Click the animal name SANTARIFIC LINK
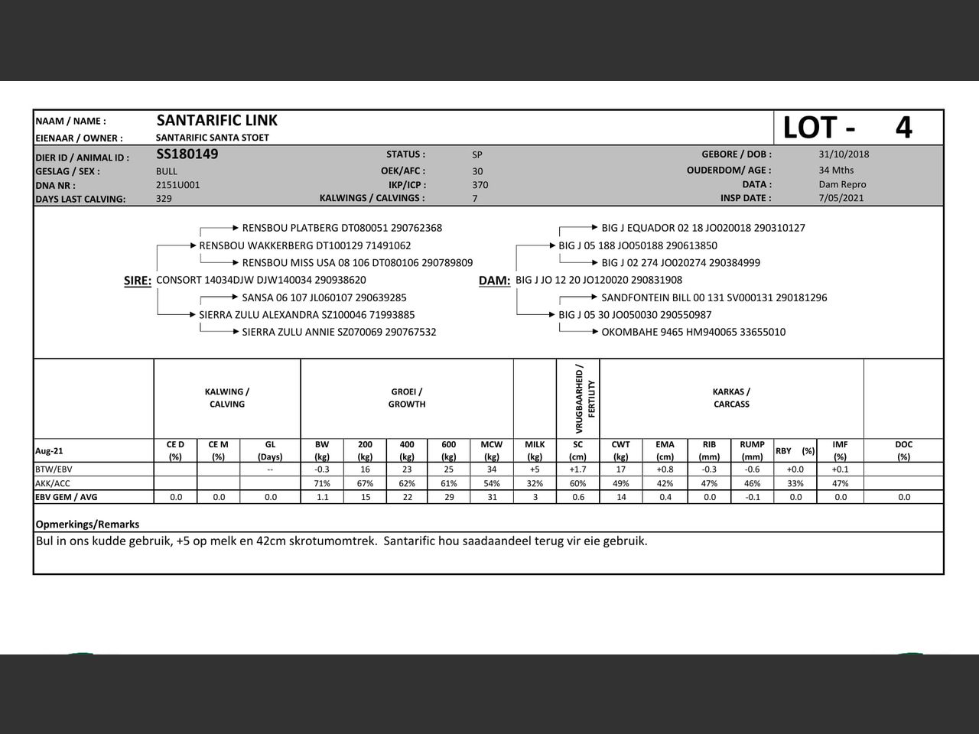[x=216, y=120]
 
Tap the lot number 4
[x=903, y=128]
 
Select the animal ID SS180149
[x=187, y=154]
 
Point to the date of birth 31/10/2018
[x=844, y=154]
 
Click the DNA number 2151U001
[x=177, y=185]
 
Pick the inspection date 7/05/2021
[x=841, y=198]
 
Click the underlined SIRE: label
[x=138, y=281]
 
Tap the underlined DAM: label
[x=494, y=281]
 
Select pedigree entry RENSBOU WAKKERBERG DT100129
[x=304, y=246]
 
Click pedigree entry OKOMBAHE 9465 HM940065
[x=693, y=332]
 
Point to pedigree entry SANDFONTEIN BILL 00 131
[x=714, y=297]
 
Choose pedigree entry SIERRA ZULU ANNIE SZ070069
[x=339, y=332]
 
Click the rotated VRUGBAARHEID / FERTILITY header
[x=584, y=398]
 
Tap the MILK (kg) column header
[x=535, y=450]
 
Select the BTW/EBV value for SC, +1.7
[x=577, y=469]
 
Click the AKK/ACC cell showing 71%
[x=322, y=483]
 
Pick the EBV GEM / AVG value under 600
[x=449, y=497]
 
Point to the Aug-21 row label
[x=49, y=451]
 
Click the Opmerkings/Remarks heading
[x=87, y=525]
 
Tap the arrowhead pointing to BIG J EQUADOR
[x=594, y=227]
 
